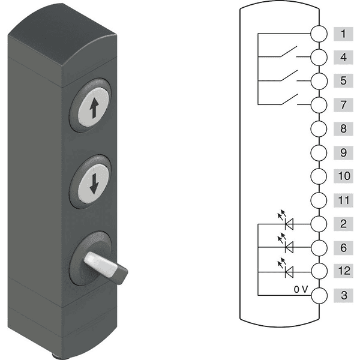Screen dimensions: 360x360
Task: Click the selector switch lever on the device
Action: pyautogui.click(x=105, y=267)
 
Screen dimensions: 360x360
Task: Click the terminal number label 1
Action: pyautogui.click(x=343, y=34)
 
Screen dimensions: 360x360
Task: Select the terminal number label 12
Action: pyautogui.click(x=343, y=271)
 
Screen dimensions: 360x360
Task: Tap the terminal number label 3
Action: pyautogui.click(x=343, y=295)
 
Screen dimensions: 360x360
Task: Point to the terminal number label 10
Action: pyautogui.click(x=343, y=176)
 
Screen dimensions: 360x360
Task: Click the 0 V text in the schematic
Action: pyautogui.click(x=301, y=290)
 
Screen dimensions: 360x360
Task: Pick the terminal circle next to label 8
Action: pyautogui.click(x=319, y=129)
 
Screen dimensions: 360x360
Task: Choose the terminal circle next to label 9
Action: pyautogui.click(x=319, y=152)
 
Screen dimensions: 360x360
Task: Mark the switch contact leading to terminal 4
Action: pyautogui.click(x=289, y=52)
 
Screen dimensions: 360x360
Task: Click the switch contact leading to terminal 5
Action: pyautogui.click(x=289, y=76)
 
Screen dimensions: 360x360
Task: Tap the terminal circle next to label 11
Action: pyautogui.click(x=319, y=200)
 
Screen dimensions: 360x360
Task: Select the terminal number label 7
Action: pyautogui.click(x=343, y=105)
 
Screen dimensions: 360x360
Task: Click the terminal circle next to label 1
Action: pyautogui.click(x=319, y=34)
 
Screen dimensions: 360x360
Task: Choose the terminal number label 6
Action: pyautogui.click(x=343, y=248)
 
